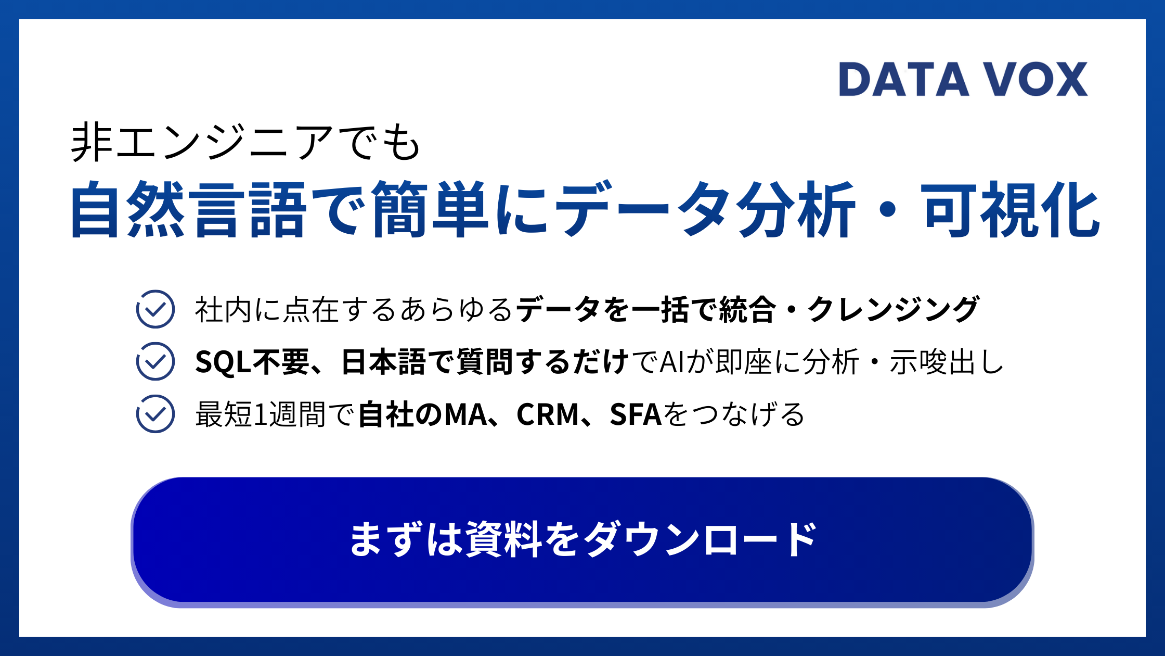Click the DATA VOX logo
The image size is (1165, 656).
click(x=963, y=79)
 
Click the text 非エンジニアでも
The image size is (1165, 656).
click(x=245, y=143)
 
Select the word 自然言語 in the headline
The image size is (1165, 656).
click(x=188, y=209)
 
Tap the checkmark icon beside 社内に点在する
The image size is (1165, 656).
click(x=155, y=309)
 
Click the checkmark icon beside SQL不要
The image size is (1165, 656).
click(x=155, y=361)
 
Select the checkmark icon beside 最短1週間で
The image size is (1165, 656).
click(x=155, y=414)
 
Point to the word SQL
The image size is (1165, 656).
click(x=223, y=362)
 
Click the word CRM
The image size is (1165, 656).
click(x=548, y=414)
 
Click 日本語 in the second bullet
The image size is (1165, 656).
click(x=384, y=362)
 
